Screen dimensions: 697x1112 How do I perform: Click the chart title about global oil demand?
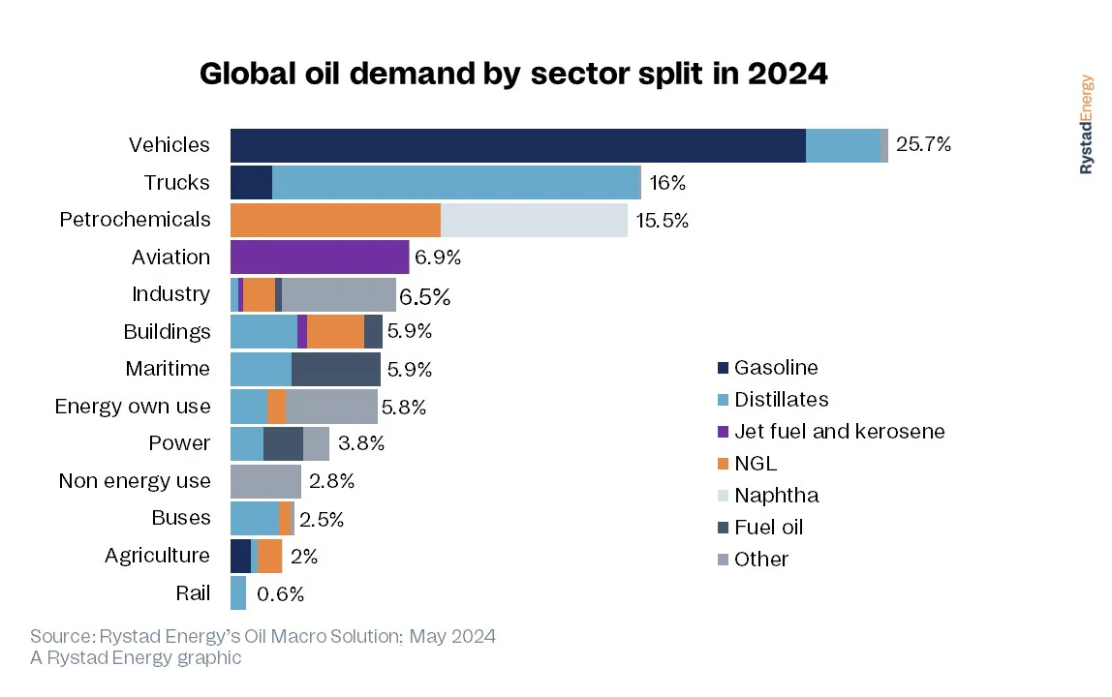point(513,75)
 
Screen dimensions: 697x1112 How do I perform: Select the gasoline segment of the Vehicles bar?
point(517,145)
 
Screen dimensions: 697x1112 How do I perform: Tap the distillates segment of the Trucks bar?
point(456,183)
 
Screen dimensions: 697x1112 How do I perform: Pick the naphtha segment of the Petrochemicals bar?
point(534,220)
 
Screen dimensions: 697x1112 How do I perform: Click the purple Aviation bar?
point(320,258)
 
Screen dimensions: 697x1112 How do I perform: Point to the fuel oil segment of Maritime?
point(336,369)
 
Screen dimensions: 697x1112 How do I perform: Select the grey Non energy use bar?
point(265,481)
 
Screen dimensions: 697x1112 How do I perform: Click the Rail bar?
point(238,593)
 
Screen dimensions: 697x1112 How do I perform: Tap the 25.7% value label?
point(924,145)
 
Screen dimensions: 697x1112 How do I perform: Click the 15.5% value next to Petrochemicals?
point(663,220)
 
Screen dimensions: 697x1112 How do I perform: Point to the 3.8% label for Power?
point(362,443)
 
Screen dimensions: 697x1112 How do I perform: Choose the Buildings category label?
point(167,332)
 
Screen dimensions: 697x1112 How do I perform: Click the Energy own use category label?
point(132,407)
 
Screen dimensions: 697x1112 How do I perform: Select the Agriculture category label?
point(157,556)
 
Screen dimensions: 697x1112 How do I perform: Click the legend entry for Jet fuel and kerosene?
point(839,432)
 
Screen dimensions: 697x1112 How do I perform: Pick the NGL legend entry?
point(756,464)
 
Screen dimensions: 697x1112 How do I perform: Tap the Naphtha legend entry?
point(776,496)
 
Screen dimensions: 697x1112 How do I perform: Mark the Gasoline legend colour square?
point(723,368)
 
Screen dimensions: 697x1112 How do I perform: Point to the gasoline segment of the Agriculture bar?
point(240,556)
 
